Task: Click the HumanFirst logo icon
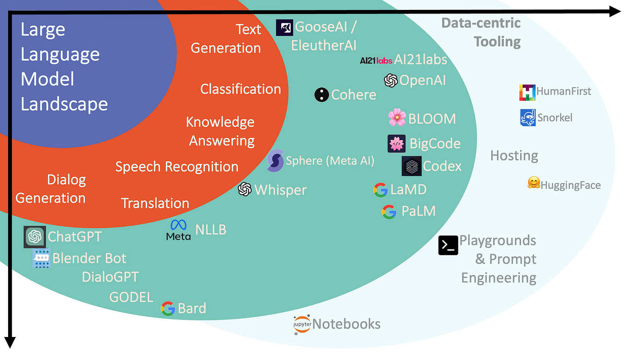(527, 92)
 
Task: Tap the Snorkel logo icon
(528, 118)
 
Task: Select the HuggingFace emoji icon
(534, 183)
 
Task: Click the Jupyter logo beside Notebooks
(302, 324)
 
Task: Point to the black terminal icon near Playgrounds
(448, 245)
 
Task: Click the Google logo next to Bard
(168, 309)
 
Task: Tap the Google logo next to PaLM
(389, 212)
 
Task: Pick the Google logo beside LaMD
(381, 190)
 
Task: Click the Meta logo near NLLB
(178, 229)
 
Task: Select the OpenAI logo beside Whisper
(245, 189)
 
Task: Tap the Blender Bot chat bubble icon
(41, 259)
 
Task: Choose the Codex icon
(412, 166)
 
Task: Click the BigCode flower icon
(397, 144)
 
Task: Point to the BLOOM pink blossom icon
(397, 118)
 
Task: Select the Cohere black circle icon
(321, 95)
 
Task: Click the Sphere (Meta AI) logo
(275, 160)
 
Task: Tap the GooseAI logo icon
(284, 28)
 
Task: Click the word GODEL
(131, 297)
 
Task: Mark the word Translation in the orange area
(155, 203)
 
